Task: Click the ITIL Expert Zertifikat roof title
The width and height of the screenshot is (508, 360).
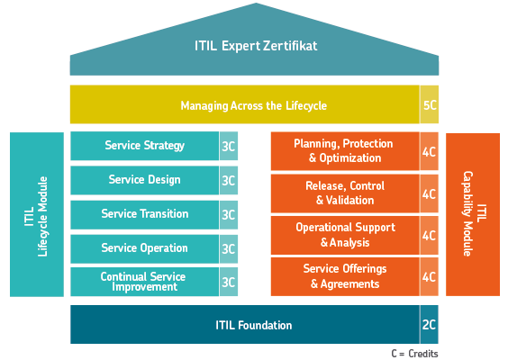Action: pyautogui.click(x=256, y=46)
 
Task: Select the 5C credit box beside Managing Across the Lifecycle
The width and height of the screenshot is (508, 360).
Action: pyautogui.click(x=430, y=104)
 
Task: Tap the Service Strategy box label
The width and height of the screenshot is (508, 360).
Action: pyautogui.click(x=144, y=146)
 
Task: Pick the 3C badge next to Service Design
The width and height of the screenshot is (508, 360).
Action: pyautogui.click(x=229, y=180)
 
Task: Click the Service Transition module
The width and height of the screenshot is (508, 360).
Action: pyautogui.click(x=145, y=214)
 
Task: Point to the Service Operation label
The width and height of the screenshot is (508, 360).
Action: pyautogui.click(x=144, y=248)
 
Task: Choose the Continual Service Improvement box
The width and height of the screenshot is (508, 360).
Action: pyautogui.click(x=145, y=282)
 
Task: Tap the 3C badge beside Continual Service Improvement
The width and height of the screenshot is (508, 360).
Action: pyautogui.click(x=229, y=282)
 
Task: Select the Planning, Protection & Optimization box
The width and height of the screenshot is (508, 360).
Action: pyautogui.click(x=345, y=151)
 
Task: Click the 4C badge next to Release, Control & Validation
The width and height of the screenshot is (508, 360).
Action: pyautogui.click(x=430, y=193)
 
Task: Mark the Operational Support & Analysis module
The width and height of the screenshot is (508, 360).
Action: pyautogui.click(x=345, y=236)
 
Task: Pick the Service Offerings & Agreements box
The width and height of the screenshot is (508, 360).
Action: pyautogui.click(x=345, y=277)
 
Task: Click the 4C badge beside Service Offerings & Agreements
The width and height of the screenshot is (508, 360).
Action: pyautogui.click(x=430, y=277)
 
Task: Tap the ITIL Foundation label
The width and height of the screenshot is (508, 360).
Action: pyautogui.click(x=254, y=325)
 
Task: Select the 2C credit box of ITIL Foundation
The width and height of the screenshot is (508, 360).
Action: pyautogui.click(x=430, y=324)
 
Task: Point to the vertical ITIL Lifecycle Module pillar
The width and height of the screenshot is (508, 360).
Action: pyautogui.click(x=37, y=214)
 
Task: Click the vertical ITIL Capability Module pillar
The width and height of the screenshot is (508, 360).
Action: pyautogui.click(x=473, y=214)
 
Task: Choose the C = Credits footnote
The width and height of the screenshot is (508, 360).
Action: pyautogui.click(x=414, y=354)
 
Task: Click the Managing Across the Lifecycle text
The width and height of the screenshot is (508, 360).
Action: pyautogui.click(x=254, y=105)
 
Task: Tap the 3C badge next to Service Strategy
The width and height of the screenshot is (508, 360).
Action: pyautogui.click(x=229, y=146)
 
